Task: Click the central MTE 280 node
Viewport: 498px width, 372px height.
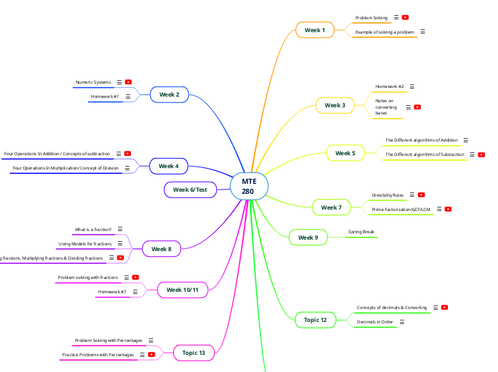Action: pyautogui.click(x=248, y=186)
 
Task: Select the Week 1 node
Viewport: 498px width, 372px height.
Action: pyautogui.click(x=315, y=30)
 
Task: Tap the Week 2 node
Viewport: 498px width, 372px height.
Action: pyautogui.click(x=170, y=94)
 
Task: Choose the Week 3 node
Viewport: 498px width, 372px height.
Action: pyautogui.click(x=335, y=105)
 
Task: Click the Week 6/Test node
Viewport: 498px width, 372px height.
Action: pyautogui.click(x=190, y=190)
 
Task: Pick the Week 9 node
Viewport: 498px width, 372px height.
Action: pyautogui.click(x=308, y=238)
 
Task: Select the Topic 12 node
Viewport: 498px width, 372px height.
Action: pyautogui.click(x=315, y=320)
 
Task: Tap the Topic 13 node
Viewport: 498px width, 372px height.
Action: pyautogui.click(x=193, y=353)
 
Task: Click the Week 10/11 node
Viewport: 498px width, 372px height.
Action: pyautogui.click(x=182, y=290)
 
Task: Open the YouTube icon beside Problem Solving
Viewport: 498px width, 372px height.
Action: pyautogui.click(x=405, y=17)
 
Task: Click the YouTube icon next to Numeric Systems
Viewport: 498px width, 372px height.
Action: pyautogui.click(x=128, y=82)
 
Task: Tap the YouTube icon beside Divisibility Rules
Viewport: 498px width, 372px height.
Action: pyautogui.click(x=421, y=195)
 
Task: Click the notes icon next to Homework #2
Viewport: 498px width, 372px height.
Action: pyautogui.click(x=412, y=87)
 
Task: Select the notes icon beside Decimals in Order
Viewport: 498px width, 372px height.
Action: pyautogui.click(x=402, y=322)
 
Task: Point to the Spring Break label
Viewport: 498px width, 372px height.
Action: pyautogui.click(x=362, y=232)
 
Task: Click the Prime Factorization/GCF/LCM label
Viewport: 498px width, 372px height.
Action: pyautogui.click(x=401, y=210)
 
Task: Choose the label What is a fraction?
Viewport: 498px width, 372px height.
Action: pyautogui.click(x=93, y=230)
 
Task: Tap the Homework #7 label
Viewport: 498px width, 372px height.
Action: pyautogui.click(x=112, y=292)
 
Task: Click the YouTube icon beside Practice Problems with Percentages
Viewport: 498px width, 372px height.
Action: pyautogui.click(x=152, y=355)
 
